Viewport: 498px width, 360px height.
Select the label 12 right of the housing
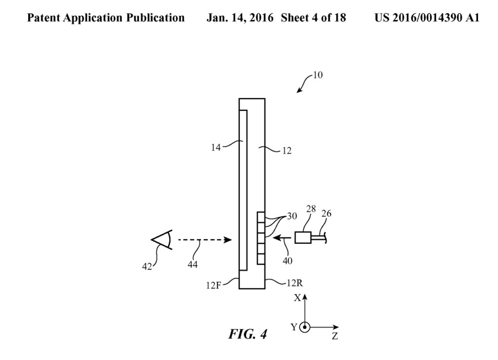coord(287,151)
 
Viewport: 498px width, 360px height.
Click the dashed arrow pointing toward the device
coord(204,240)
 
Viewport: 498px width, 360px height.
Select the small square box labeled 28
coord(302,237)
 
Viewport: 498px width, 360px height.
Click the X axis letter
coord(297,298)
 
